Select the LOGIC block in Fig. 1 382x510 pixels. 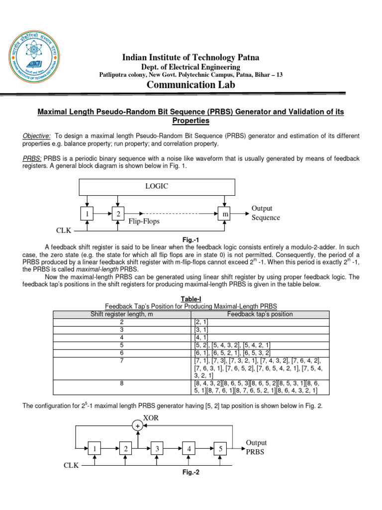[x=157, y=186]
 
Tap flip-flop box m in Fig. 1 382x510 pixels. [x=226, y=214]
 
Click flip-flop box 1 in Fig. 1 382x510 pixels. [x=88, y=214]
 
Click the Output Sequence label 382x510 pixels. [x=266, y=213]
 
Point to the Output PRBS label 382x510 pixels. [x=257, y=447]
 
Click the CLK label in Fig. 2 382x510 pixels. [x=71, y=465]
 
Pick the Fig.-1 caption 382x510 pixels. [x=191, y=240]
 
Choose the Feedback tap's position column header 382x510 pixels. [x=260, y=314]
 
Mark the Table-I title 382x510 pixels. [x=191, y=298]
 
